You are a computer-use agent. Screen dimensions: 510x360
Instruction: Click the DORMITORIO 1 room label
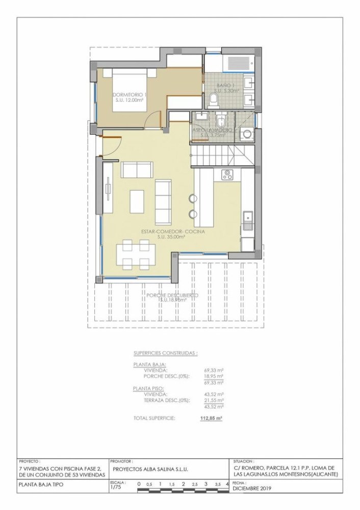129,94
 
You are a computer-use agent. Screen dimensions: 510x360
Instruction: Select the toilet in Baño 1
214,98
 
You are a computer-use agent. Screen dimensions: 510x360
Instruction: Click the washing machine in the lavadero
247,134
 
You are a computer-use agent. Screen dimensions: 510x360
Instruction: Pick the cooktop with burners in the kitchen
227,175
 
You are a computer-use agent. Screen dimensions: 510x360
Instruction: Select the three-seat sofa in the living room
163,199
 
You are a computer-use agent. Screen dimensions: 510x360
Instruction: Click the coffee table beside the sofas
137,201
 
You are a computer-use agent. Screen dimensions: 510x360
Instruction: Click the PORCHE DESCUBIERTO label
172,295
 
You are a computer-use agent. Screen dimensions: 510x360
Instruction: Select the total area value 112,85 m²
212,418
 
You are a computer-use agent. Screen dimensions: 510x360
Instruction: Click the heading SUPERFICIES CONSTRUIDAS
165,353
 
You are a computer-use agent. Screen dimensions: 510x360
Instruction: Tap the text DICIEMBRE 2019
252,488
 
